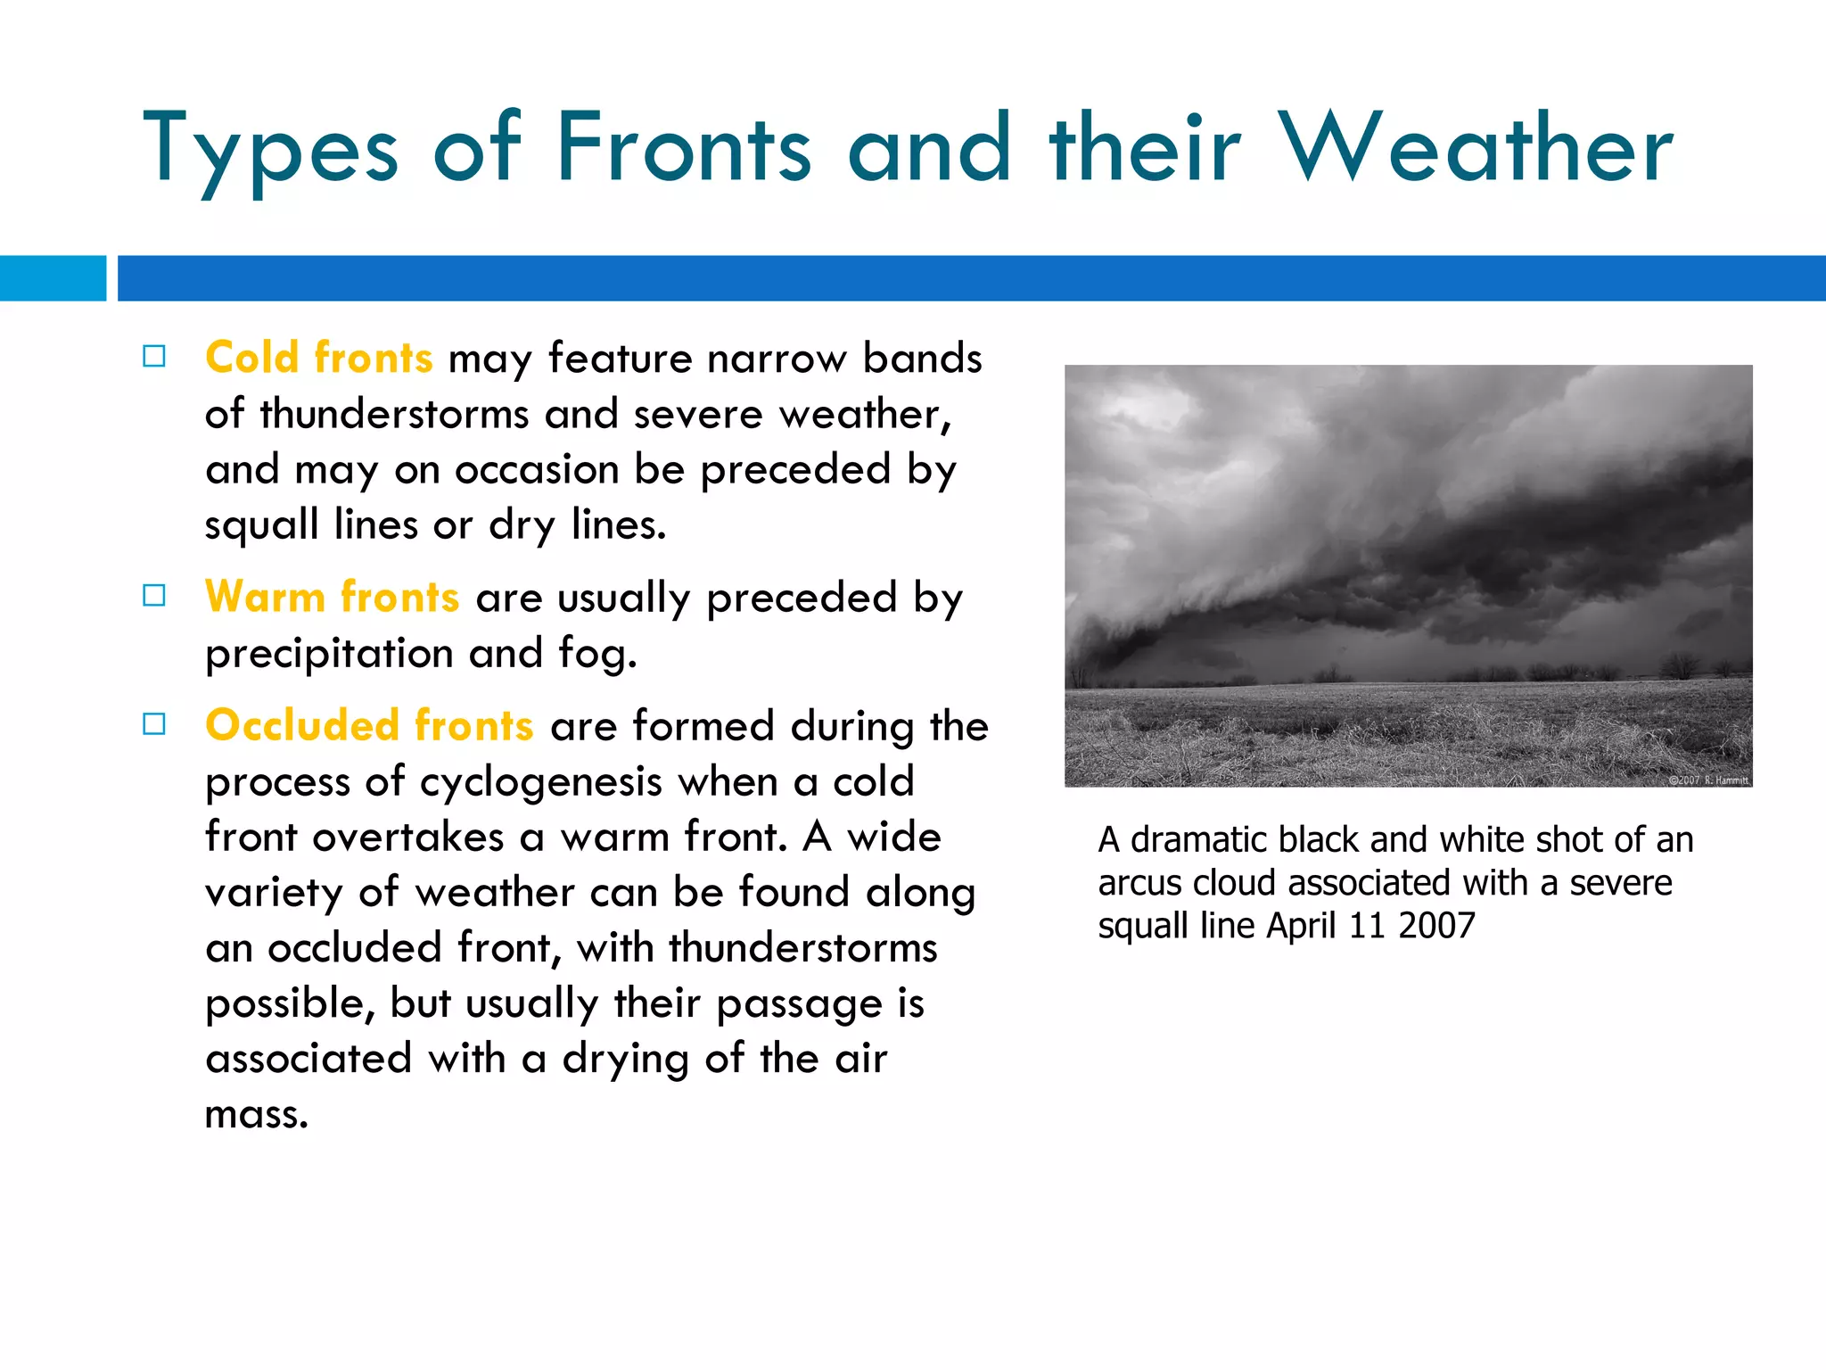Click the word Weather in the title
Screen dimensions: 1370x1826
[1476, 148]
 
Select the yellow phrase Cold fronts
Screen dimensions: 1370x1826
[318, 358]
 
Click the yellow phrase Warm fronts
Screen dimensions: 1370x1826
[332, 597]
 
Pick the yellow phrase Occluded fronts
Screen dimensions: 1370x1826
[369, 725]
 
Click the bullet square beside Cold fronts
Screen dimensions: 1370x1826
[154, 357]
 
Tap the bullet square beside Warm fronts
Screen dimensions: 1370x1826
[154, 596]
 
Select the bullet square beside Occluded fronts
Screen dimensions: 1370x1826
[154, 724]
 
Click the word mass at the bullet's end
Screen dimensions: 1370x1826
[256, 1115]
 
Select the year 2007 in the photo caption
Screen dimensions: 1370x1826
[1436, 926]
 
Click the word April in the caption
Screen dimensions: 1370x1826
[1301, 926]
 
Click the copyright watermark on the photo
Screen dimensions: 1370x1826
[1707, 780]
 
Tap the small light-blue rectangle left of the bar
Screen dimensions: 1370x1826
[53, 278]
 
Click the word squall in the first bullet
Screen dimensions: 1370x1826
[261, 525]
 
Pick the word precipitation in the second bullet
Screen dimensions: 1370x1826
[329, 654]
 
